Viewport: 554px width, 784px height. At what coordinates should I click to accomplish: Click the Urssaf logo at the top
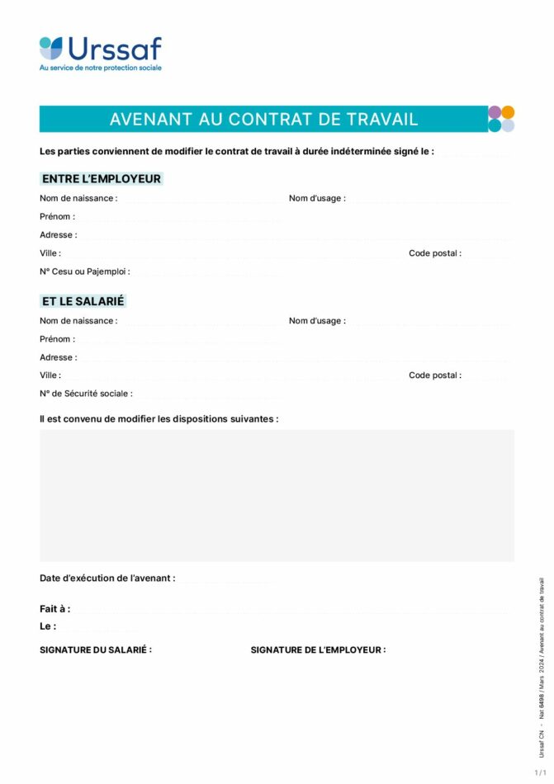pyautogui.click(x=100, y=51)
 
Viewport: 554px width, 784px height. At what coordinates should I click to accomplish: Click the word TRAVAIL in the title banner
pyautogui.click(x=381, y=120)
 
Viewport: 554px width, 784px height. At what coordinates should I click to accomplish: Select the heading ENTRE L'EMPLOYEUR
pyautogui.click(x=101, y=179)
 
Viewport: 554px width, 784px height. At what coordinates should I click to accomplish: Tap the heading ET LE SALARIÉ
pyautogui.click(x=83, y=302)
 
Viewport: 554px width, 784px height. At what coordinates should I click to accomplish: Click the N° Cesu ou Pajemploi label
pyautogui.click(x=84, y=272)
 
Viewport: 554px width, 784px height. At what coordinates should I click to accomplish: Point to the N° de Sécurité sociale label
pyautogui.click(x=86, y=394)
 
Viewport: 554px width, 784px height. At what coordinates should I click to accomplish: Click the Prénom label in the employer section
pyautogui.click(x=57, y=217)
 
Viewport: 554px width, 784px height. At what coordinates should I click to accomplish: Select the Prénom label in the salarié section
pyautogui.click(x=57, y=339)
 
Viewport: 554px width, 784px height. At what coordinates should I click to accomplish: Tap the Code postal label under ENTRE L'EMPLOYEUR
pyautogui.click(x=435, y=253)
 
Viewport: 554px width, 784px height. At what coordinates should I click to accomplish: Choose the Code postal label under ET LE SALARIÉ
pyautogui.click(x=435, y=375)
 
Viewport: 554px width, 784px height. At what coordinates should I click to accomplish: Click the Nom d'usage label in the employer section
pyautogui.click(x=317, y=199)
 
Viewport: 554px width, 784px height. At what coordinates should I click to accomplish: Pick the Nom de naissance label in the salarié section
pyautogui.click(x=78, y=321)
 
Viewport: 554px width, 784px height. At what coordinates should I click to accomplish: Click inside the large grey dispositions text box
pyautogui.click(x=277, y=495)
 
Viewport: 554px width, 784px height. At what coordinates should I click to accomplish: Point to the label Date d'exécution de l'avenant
pyautogui.click(x=107, y=579)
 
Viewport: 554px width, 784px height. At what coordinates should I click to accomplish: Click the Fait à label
pyautogui.click(x=54, y=609)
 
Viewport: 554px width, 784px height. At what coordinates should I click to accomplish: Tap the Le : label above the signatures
pyautogui.click(x=48, y=627)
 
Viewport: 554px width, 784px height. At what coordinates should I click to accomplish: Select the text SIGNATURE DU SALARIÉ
pyautogui.click(x=96, y=650)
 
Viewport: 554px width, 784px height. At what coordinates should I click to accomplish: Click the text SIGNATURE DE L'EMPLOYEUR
pyautogui.click(x=318, y=650)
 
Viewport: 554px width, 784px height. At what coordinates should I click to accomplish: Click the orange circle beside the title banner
pyautogui.click(x=508, y=112)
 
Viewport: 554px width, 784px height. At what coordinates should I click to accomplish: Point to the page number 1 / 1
pyautogui.click(x=540, y=772)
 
